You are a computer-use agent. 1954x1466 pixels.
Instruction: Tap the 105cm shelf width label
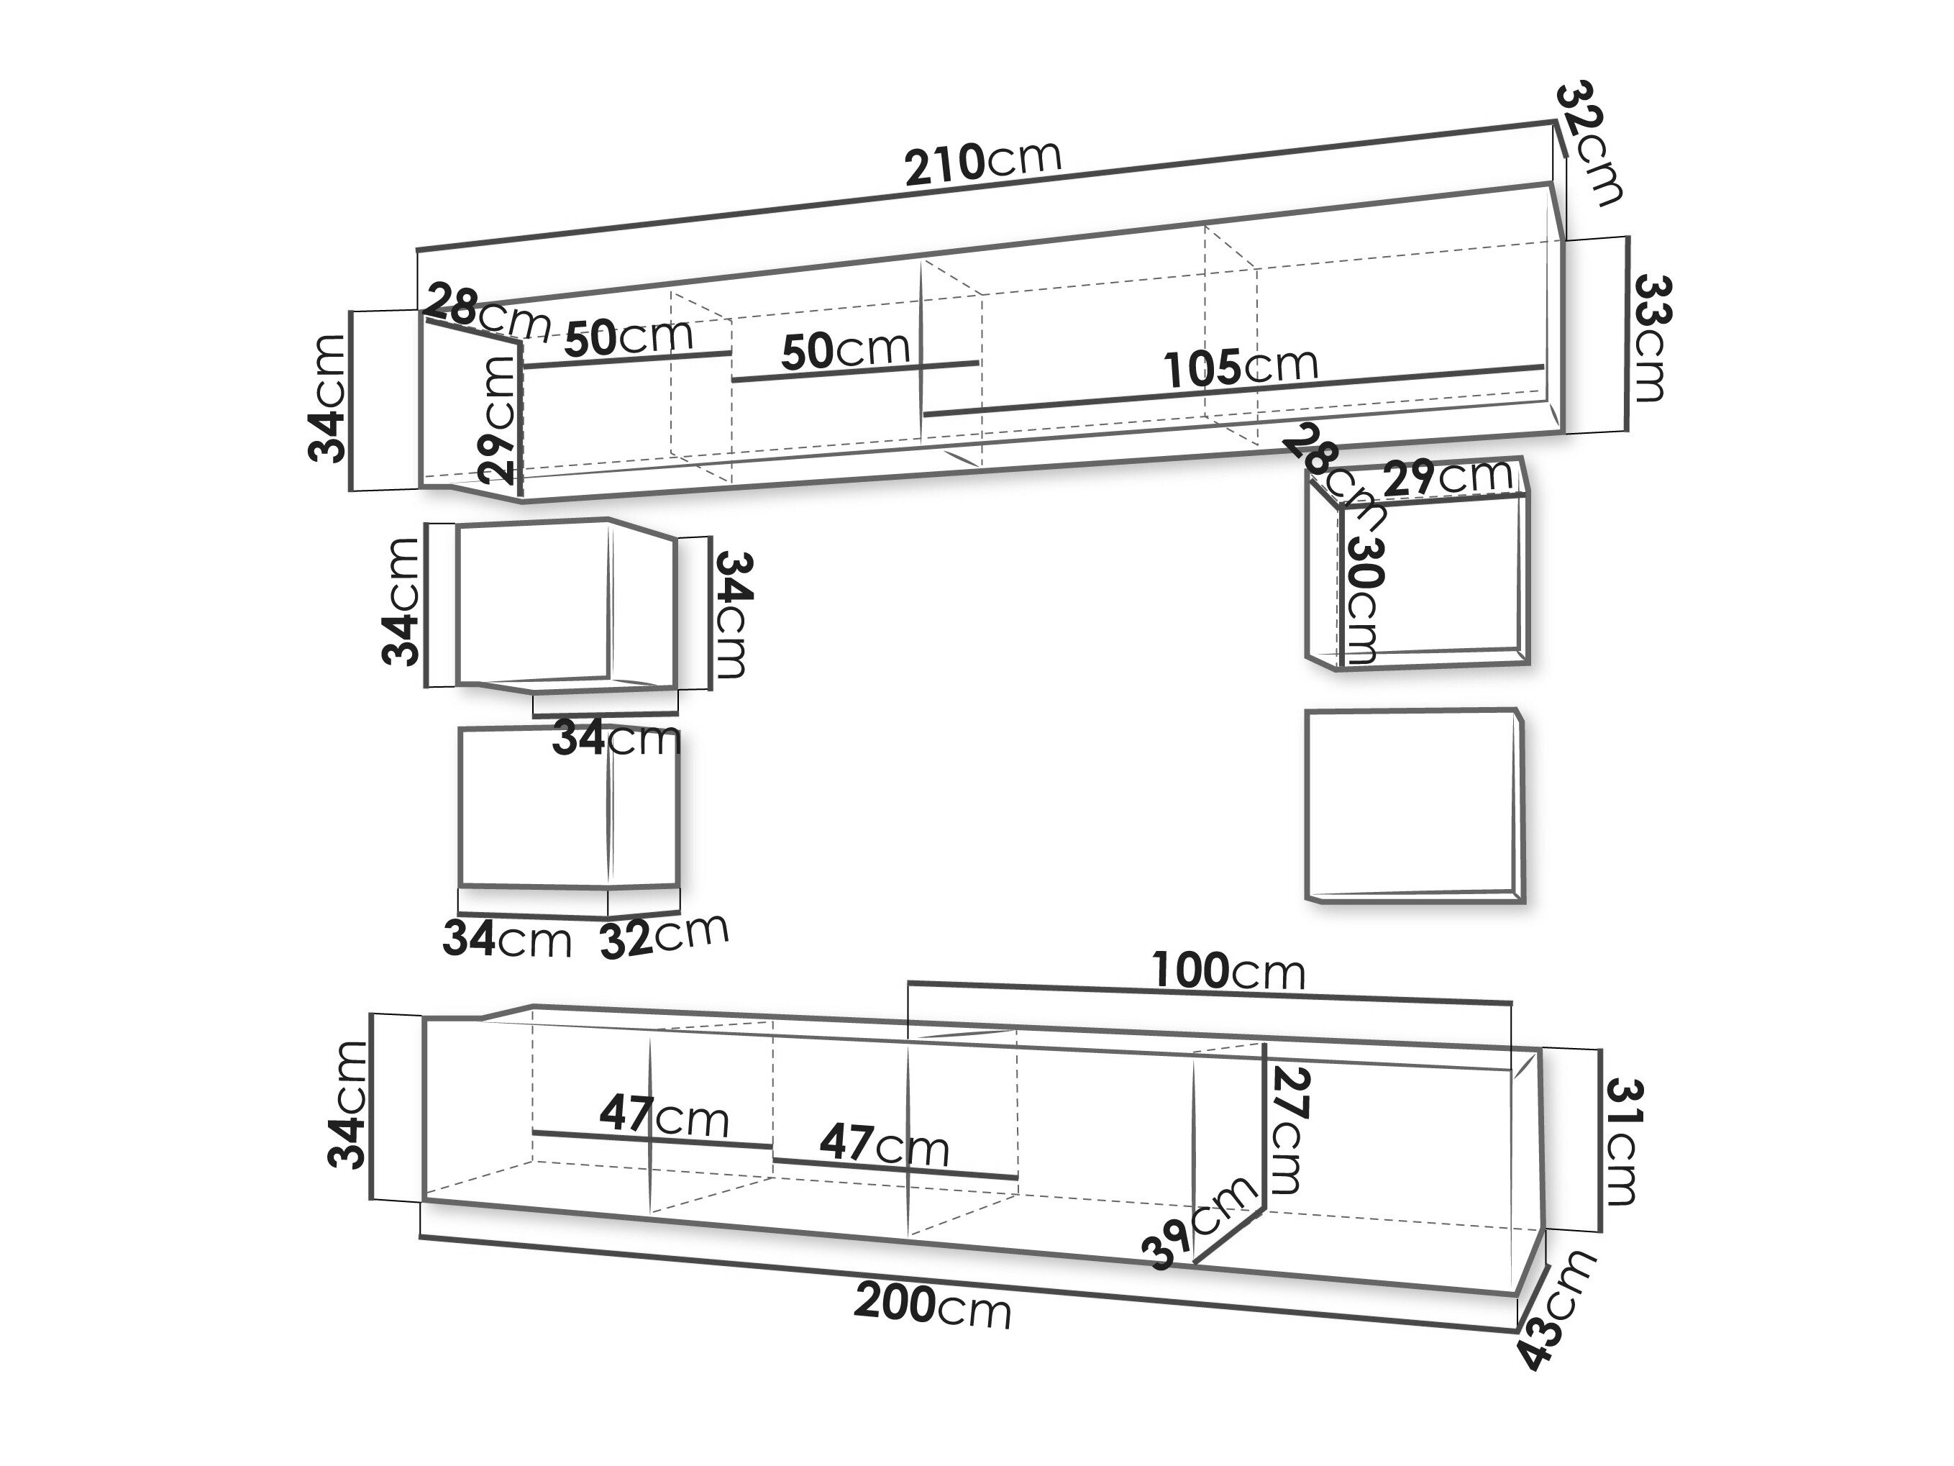[x=1241, y=367]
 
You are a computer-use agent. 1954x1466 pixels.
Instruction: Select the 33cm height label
[x=1649, y=338]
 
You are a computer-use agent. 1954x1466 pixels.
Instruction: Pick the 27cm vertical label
[x=1286, y=1130]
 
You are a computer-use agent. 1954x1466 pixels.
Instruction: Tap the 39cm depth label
[x=1200, y=1221]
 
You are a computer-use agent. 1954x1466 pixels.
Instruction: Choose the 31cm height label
[x=1621, y=1142]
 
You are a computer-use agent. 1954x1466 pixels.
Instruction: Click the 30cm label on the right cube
[x=1363, y=601]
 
